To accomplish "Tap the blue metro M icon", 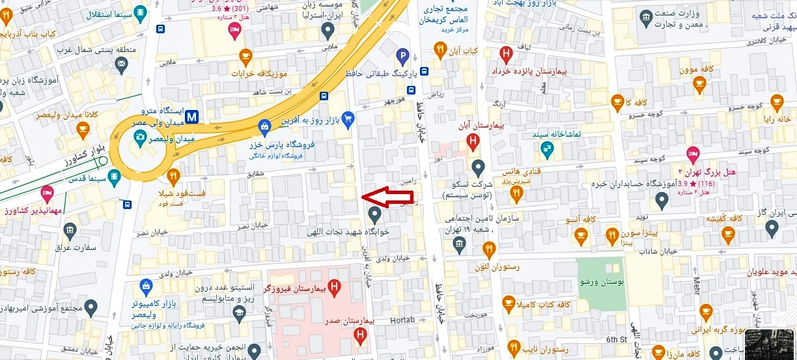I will [191, 117].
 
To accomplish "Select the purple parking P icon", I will [403, 57].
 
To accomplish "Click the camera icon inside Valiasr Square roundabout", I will [139, 137].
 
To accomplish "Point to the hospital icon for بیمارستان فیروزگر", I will [335, 286].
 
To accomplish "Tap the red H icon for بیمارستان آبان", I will [473, 139].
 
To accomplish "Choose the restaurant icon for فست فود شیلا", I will [173, 176].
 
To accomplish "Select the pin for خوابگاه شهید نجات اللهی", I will [374, 214].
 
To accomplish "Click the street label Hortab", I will [402, 320].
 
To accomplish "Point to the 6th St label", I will [615, 339].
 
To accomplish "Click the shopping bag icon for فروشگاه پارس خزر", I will [264, 126].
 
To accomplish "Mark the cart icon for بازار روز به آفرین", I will [348, 118].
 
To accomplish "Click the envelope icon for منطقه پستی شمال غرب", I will [120, 64].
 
